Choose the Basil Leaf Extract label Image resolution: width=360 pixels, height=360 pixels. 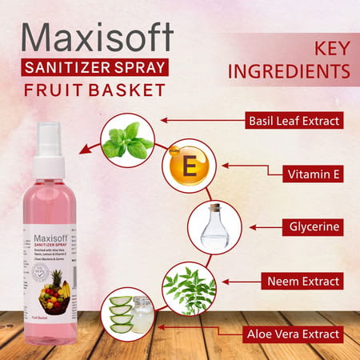(x=294, y=122)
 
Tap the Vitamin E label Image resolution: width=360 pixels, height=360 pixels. (x=316, y=173)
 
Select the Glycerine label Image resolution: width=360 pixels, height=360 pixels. (x=317, y=226)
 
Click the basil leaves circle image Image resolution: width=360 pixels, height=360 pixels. (x=127, y=139)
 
